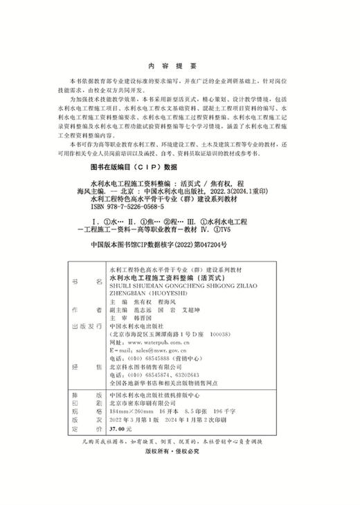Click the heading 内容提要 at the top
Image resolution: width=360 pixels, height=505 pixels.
coord(179,60)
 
